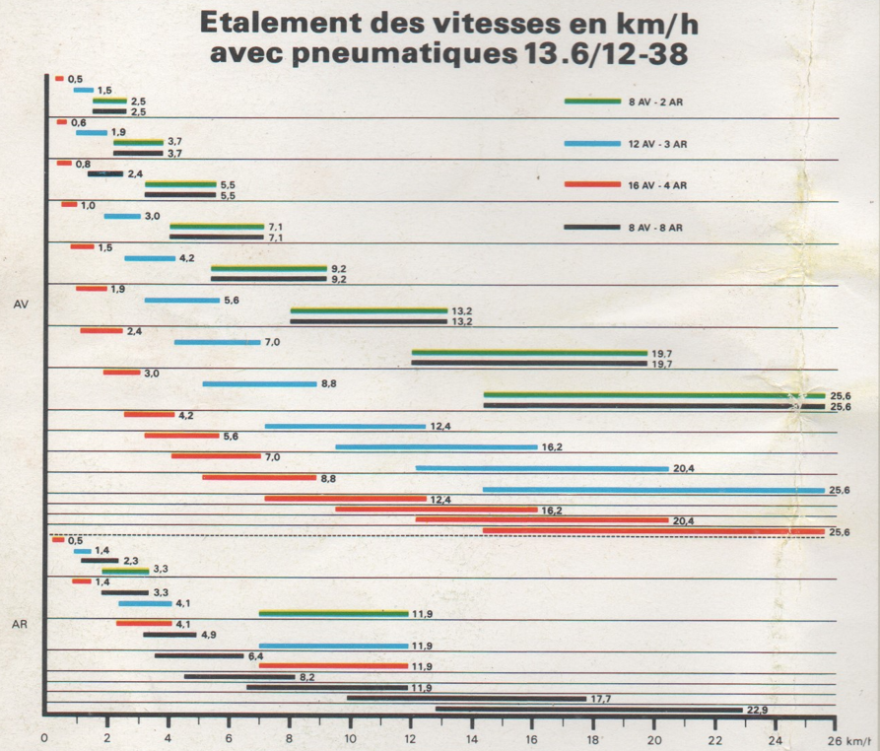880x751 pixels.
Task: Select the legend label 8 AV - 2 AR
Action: coord(657,102)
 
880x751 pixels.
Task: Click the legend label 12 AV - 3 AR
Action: coord(657,144)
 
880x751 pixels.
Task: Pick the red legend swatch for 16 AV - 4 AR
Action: coord(592,185)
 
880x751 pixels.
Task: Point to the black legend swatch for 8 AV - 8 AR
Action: coord(592,228)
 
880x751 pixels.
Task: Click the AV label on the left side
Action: coord(21,306)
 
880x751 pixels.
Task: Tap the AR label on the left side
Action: coord(21,624)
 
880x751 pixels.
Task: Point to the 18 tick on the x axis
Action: coord(593,738)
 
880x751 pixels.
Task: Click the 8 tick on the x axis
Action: coord(289,738)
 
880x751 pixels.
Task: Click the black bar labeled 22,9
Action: coord(588,710)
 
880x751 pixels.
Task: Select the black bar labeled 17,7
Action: coord(466,699)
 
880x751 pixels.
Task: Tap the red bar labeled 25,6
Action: coord(652,531)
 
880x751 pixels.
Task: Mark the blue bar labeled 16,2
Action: coord(436,447)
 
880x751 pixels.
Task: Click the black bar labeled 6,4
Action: coord(198,656)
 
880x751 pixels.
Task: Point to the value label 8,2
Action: coord(306,677)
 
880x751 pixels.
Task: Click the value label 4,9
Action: coord(208,635)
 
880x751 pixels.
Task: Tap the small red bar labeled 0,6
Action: coord(62,122)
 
